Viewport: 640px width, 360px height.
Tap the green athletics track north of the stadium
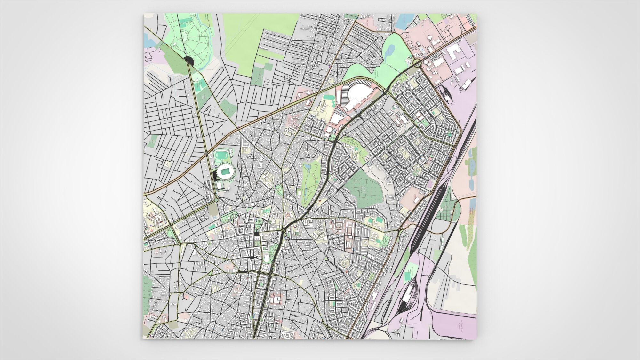click(220, 156)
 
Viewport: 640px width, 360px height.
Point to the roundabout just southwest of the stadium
click(216, 200)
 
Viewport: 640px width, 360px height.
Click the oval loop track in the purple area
click(445, 95)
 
